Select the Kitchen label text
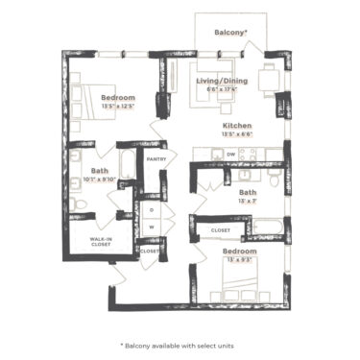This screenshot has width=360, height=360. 237,126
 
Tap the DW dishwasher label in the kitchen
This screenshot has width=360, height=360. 204,154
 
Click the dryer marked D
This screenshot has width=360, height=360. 152,209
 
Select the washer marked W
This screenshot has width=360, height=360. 152,227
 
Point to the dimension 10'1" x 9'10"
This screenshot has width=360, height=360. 99,179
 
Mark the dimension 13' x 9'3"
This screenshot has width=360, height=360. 241,259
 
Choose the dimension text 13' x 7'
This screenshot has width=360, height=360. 248,201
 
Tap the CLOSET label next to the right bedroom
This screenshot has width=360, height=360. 220,231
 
